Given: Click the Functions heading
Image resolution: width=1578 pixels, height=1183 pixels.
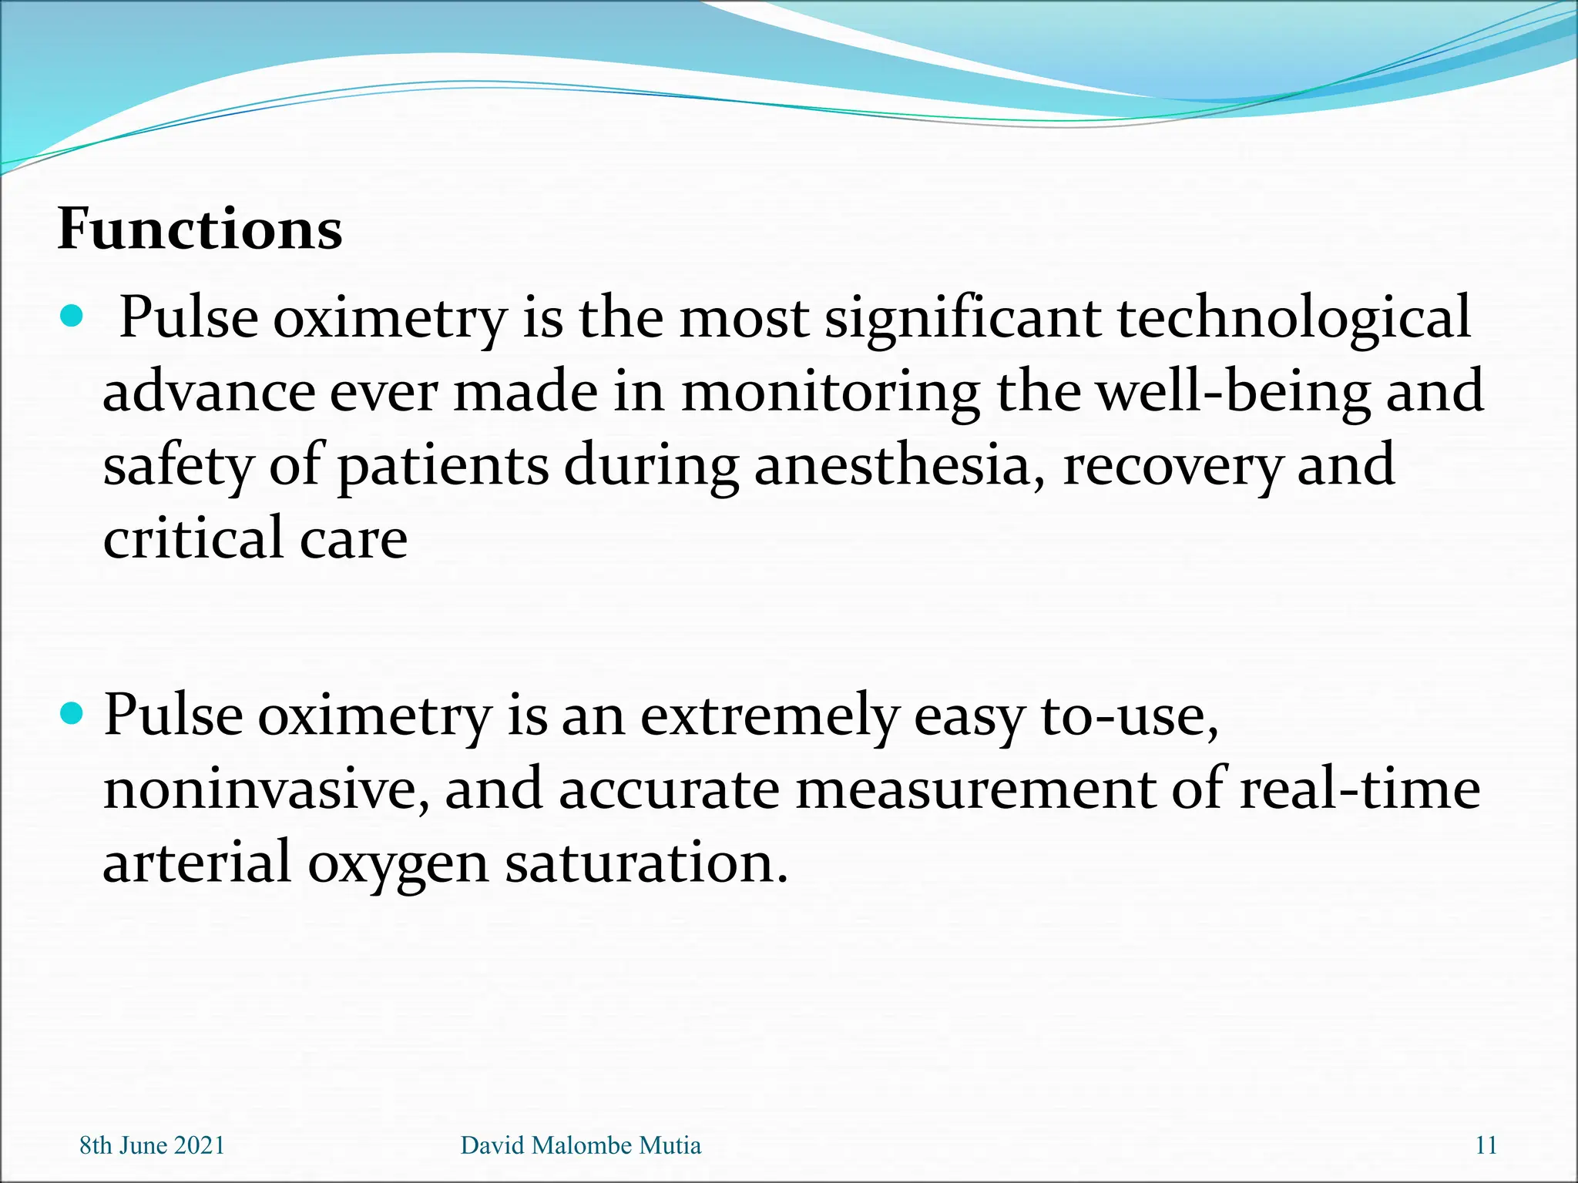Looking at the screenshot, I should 200,229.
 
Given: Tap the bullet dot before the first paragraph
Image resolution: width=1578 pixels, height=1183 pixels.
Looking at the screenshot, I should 71,316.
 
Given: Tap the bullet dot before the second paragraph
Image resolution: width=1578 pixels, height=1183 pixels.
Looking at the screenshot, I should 71,713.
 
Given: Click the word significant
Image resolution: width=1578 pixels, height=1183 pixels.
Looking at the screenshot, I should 962,318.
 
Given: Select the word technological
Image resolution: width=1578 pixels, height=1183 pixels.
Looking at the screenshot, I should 1294,318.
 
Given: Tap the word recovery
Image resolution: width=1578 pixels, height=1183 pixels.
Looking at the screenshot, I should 1172,467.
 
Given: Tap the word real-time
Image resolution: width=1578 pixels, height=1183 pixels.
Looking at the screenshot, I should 1359,789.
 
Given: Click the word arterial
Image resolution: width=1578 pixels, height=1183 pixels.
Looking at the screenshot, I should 196,863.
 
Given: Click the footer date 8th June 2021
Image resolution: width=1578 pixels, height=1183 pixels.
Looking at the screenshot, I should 152,1145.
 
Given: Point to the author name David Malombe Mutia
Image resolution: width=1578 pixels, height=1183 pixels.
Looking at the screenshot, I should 580,1145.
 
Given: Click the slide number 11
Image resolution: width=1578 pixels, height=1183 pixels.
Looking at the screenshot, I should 1486,1145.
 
